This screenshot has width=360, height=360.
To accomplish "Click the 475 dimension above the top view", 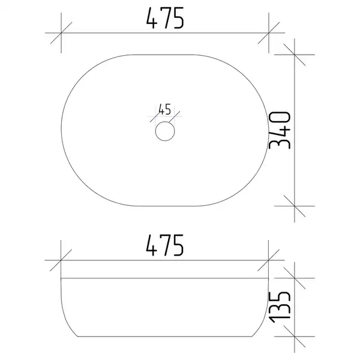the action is [x=165, y=18].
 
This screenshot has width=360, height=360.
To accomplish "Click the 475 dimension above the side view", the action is [x=165, y=245].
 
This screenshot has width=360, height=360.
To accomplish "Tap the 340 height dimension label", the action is [x=280, y=130].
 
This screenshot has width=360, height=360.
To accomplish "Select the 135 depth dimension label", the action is [x=280, y=307].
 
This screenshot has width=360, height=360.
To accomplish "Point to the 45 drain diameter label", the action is [x=164, y=109].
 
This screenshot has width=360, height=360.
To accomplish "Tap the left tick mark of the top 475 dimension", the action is [x=61, y=33].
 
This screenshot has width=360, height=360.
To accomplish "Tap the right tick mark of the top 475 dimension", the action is [x=269, y=33].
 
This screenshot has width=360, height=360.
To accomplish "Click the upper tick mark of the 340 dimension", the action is [x=295, y=55].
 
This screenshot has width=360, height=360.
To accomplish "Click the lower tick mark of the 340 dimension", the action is [x=295, y=206].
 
